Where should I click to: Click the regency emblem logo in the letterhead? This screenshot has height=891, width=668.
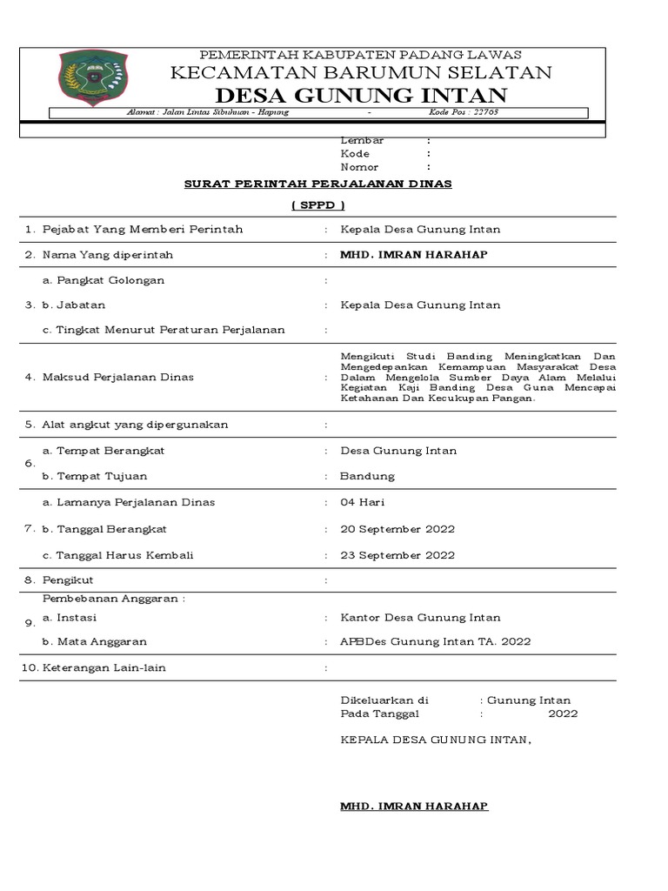[92, 77]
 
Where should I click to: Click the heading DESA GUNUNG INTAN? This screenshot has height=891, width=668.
[361, 94]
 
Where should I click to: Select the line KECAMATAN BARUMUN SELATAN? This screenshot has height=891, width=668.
[361, 72]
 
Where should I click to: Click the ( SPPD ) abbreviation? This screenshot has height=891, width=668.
[317, 205]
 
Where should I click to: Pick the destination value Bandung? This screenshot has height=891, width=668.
[367, 476]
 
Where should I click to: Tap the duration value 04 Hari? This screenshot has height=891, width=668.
[363, 502]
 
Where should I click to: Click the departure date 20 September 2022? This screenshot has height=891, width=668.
[397, 529]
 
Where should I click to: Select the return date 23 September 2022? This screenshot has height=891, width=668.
[397, 555]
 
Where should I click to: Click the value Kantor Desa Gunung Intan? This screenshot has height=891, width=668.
[420, 617]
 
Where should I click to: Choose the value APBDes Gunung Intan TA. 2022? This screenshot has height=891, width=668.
[435, 641]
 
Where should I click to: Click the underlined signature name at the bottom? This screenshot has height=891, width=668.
[414, 807]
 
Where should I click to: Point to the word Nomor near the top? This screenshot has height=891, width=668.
[359, 166]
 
